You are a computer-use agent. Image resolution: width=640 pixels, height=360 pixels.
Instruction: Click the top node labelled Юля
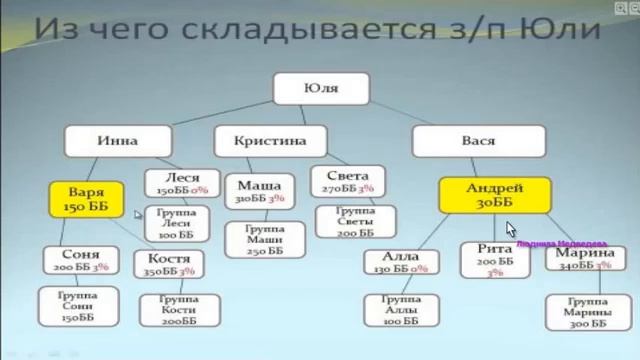[x=321, y=89]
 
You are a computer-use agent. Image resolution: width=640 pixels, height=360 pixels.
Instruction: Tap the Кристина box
[x=269, y=141]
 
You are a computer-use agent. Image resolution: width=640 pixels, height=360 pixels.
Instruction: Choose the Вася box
[x=478, y=141]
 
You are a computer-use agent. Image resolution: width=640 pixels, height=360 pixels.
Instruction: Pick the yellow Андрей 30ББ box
[x=495, y=194]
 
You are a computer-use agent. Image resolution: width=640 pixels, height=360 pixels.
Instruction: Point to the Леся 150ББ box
[x=178, y=183]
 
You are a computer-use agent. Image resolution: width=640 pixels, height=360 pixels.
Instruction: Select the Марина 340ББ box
[x=579, y=260]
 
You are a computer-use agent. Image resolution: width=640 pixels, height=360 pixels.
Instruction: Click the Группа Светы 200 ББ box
[x=352, y=221]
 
